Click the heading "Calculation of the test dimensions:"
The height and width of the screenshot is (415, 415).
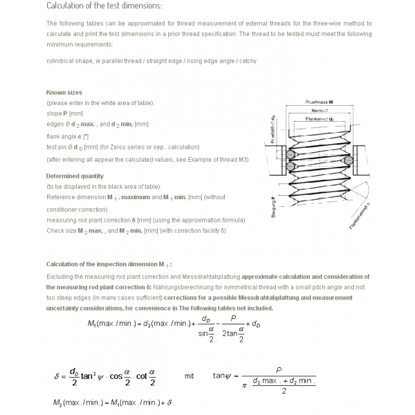104,6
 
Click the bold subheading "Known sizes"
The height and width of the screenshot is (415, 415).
64,92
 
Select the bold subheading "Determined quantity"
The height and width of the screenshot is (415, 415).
75,176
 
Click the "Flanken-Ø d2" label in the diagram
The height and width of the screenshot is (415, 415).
319,119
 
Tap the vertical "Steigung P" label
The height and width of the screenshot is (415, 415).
274,208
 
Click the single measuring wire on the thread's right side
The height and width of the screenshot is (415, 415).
349,160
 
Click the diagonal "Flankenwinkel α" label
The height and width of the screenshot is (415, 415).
360,216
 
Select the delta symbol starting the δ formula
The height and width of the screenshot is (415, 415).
57,376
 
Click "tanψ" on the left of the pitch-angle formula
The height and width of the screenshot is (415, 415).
221,376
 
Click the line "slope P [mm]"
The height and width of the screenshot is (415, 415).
64,113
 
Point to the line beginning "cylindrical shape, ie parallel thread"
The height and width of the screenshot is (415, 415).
151,61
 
